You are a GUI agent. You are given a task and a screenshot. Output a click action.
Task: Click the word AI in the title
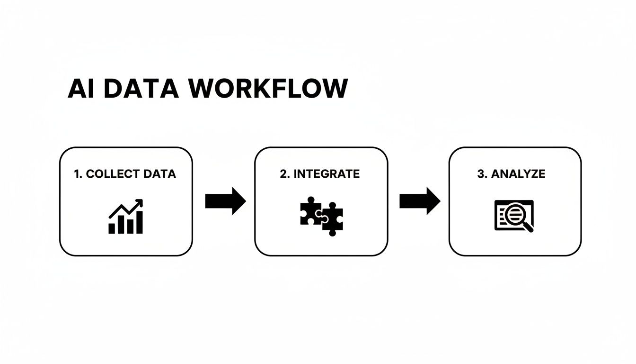click(81, 89)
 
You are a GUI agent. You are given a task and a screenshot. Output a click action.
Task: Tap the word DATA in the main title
click(141, 89)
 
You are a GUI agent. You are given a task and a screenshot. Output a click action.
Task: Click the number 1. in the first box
click(79, 174)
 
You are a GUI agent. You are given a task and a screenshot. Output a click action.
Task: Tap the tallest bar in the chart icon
click(139, 222)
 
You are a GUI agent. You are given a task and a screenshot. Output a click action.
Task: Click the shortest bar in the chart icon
click(112, 228)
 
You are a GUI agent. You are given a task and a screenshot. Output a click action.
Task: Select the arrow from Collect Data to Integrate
click(225, 201)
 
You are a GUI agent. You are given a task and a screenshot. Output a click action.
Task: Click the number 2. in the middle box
click(284, 174)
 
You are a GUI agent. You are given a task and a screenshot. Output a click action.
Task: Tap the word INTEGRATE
click(327, 174)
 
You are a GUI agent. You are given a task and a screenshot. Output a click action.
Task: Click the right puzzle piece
click(333, 220)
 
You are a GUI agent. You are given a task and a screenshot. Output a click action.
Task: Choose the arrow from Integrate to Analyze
click(420, 201)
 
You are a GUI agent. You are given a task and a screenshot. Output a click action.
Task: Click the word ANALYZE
click(518, 174)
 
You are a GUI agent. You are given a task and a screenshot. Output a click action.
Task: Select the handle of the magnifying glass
click(528, 227)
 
